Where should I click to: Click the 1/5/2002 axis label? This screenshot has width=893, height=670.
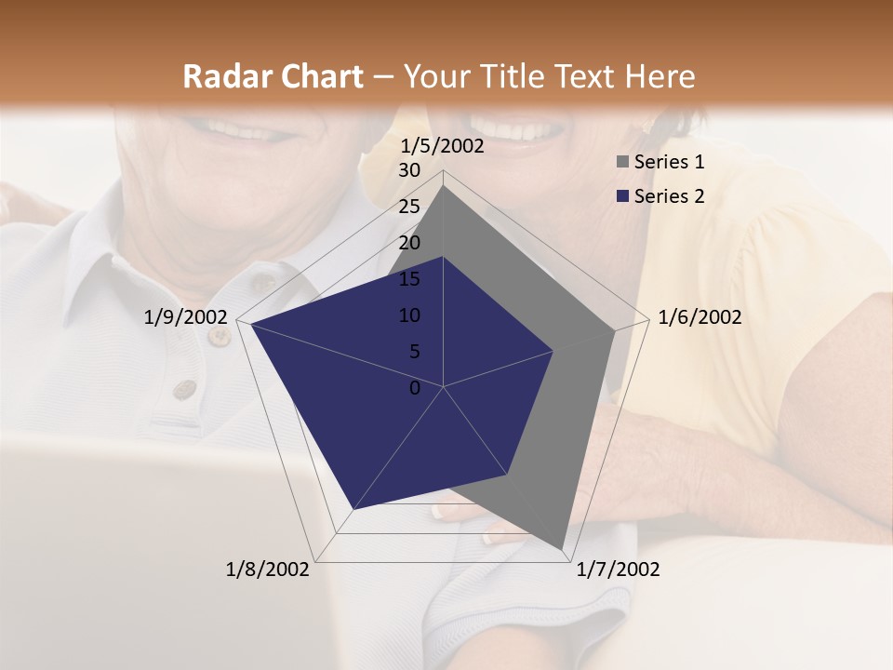442,146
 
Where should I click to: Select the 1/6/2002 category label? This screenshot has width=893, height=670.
700,317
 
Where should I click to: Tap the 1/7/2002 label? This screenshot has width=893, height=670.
618,569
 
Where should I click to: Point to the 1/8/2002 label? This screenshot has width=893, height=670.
268,569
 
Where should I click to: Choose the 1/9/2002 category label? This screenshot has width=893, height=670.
186,317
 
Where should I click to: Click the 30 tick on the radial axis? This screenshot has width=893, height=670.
409,170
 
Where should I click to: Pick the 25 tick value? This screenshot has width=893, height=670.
409,207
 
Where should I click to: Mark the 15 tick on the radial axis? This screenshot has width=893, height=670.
409,279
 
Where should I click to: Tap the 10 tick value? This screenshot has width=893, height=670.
409,315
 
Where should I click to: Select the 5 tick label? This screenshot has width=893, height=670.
414,352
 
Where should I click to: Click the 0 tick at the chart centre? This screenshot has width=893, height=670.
415,388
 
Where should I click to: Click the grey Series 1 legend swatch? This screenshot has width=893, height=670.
622,163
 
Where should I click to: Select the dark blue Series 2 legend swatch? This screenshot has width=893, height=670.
622,196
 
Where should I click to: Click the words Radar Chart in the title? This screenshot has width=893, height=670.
273,76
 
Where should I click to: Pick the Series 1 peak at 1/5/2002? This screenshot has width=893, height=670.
444,186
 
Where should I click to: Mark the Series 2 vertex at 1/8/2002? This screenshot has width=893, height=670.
353,510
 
